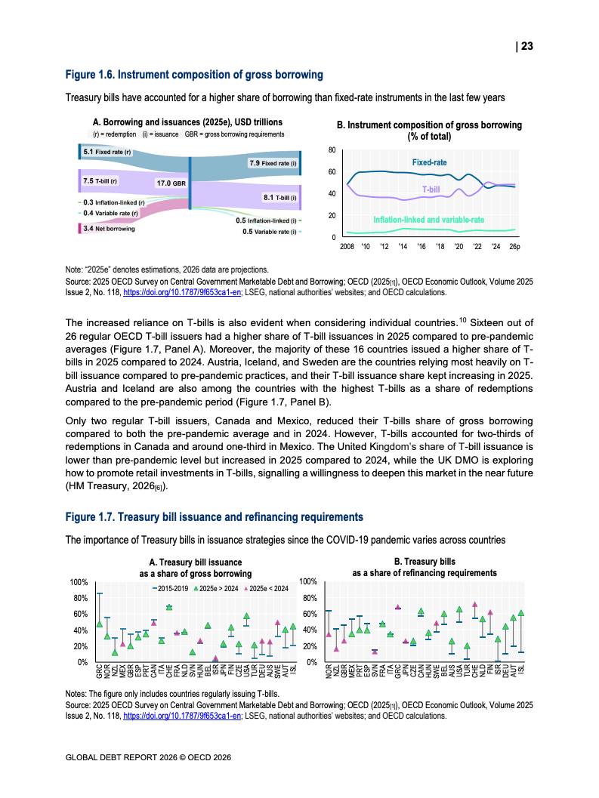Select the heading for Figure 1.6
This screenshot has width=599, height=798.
(195, 75)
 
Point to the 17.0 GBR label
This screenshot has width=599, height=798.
(171, 183)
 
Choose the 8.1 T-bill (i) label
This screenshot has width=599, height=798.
(279, 197)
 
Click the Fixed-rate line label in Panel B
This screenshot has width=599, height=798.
(429, 162)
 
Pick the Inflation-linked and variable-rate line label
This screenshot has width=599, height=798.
(428, 220)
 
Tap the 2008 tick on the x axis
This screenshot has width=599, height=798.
(347, 247)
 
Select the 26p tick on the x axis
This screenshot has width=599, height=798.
(514, 247)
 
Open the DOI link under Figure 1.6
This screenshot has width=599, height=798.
(182, 292)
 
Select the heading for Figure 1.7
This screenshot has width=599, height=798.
(215, 517)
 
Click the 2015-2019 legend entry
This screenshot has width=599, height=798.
(171, 587)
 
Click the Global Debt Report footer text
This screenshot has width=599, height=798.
(148, 757)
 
